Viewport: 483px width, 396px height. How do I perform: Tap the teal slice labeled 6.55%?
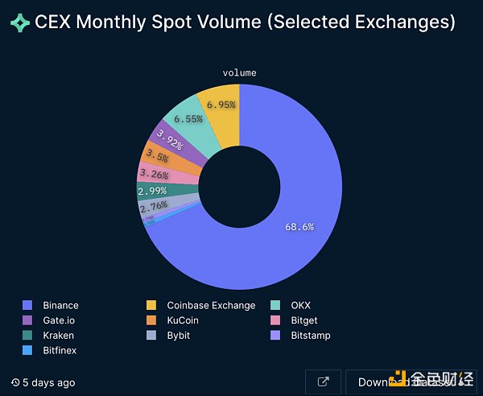coord(188,119)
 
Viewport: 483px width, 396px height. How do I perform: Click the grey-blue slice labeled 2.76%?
coord(154,206)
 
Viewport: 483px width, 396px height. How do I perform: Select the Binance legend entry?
coord(60,306)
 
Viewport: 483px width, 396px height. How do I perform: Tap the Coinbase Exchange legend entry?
coord(210,306)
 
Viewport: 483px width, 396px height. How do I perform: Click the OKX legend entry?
coord(300,306)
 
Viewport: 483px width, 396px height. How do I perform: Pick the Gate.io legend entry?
coord(59,320)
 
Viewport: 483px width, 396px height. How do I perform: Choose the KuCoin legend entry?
coord(182,320)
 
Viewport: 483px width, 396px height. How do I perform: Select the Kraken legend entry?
coord(58,336)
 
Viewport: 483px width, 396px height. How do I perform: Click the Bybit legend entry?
coord(179,336)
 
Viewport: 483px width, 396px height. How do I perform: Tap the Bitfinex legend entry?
coord(60,350)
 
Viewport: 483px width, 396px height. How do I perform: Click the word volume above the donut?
coord(239,73)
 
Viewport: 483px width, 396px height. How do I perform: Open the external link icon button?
coord(324,382)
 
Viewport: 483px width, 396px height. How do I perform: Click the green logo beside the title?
coord(19,23)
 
